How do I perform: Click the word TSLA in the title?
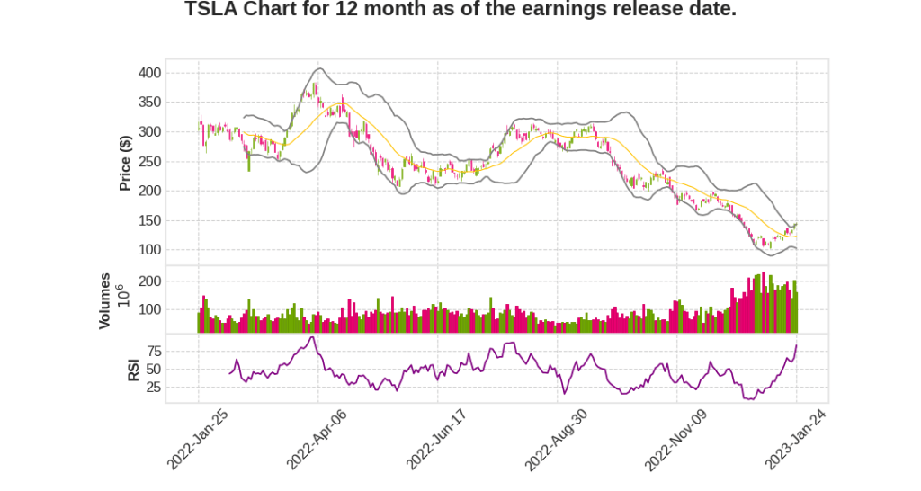(212, 10)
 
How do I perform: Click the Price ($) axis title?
(126, 162)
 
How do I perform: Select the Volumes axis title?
(105, 300)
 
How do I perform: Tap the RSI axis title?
(133, 370)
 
